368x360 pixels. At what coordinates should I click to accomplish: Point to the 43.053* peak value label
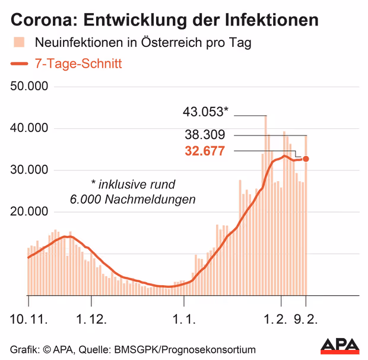(x=205, y=111)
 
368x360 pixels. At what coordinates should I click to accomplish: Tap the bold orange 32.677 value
(x=205, y=151)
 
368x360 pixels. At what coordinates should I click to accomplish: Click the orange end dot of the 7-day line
(x=306, y=159)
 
